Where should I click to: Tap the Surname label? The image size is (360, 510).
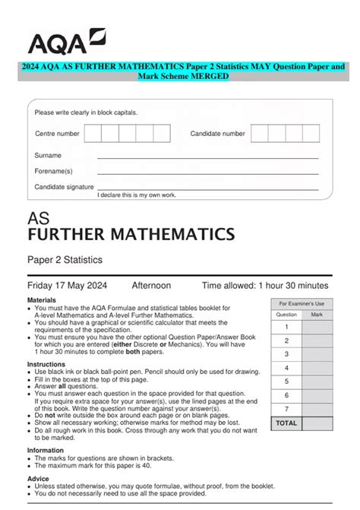pos(48,155)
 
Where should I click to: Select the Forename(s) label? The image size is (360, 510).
pos(53,171)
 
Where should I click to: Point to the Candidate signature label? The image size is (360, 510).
pos(64,186)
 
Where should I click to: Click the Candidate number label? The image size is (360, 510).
pos(217,134)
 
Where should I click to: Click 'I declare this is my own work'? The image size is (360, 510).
pos(137,195)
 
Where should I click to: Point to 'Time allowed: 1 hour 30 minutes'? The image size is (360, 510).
pos(265,286)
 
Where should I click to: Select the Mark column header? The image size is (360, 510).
pos(317,314)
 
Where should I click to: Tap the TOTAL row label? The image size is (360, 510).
pos(286,423)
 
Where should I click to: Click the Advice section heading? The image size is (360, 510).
pos(38,479)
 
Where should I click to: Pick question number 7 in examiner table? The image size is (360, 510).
pos(286,409)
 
